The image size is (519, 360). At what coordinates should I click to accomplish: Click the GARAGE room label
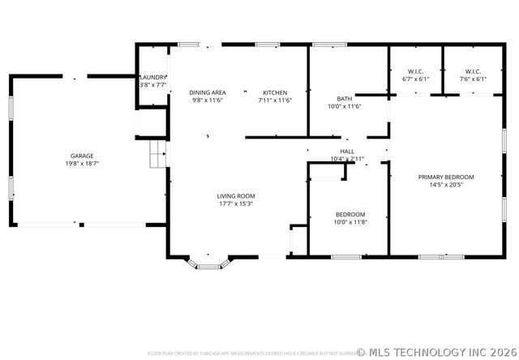click(x=82, y=156)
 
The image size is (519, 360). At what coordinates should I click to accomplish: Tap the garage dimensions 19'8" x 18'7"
click(x=82, y=164)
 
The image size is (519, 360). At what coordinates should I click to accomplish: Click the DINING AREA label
click(x=208, y=92)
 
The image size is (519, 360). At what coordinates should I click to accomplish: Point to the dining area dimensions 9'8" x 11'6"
click(x=208, y=101)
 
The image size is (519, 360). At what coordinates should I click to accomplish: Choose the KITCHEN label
click(x=274, y=92)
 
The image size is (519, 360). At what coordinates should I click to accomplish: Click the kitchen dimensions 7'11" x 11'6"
click(x=274, y=101)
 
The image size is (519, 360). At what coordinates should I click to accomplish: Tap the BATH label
click(x=345, y=98)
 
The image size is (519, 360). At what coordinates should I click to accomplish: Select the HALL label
click(x=347, y=152)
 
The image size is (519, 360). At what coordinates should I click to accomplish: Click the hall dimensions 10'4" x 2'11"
click(x=347, y=159)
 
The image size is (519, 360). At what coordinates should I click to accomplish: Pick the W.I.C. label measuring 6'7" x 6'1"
click(x=415, y=71)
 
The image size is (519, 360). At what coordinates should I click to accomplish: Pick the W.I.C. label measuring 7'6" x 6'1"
click(x=472, y=71)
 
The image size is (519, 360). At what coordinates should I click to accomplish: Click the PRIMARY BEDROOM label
click(x=446, y=177)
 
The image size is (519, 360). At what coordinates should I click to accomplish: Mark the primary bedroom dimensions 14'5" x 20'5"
click(x=446, y=185)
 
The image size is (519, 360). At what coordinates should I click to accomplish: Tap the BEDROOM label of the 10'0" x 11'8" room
click(x=350, y=214)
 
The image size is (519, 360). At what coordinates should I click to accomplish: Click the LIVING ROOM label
click(x=236, y=195)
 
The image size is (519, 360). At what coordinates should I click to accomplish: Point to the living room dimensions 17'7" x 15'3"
click(x=236, y=204)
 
